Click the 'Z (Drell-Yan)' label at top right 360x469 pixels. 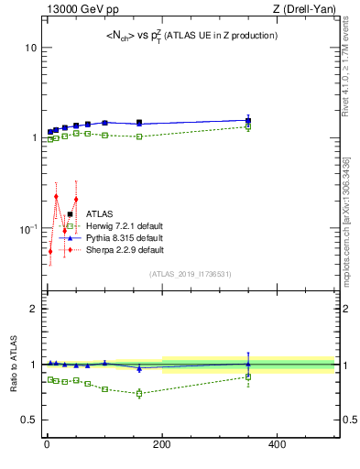(305, 10)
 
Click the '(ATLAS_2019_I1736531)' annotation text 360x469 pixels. (190, 274)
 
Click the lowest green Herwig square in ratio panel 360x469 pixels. (139, 394)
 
